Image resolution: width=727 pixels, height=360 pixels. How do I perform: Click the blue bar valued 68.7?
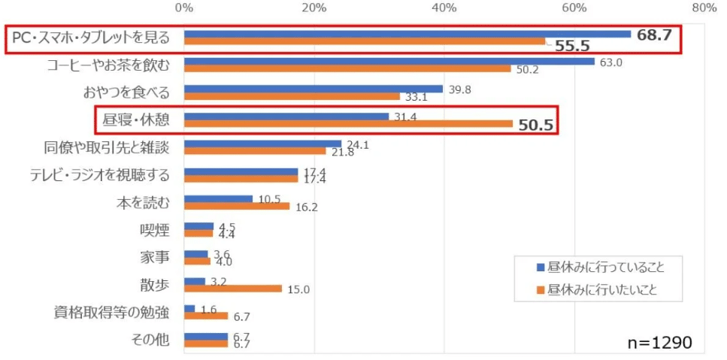[407, 34]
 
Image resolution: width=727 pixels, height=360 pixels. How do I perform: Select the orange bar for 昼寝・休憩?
[348, 124]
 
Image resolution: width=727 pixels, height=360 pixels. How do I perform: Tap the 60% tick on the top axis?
[574, 8]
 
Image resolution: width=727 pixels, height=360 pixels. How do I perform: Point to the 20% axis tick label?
[314, 8]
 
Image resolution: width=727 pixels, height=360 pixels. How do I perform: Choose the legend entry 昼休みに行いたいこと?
[598, 289]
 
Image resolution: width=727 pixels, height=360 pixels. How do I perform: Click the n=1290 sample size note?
[659, 342]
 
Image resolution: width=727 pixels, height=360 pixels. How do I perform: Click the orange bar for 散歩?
[233, 289]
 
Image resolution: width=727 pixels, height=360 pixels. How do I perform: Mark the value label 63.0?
[611, 62]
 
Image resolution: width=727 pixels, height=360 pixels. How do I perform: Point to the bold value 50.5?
[536, 126]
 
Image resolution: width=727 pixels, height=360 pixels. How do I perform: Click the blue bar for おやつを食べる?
[314, 89]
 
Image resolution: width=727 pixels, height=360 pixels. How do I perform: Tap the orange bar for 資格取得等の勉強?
[205, 316]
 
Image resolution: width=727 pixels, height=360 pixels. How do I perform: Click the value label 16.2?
[306, 208]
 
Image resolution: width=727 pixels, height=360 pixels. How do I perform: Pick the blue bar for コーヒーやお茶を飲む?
[389, 62]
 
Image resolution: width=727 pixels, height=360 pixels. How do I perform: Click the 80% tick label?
[704, 8]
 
